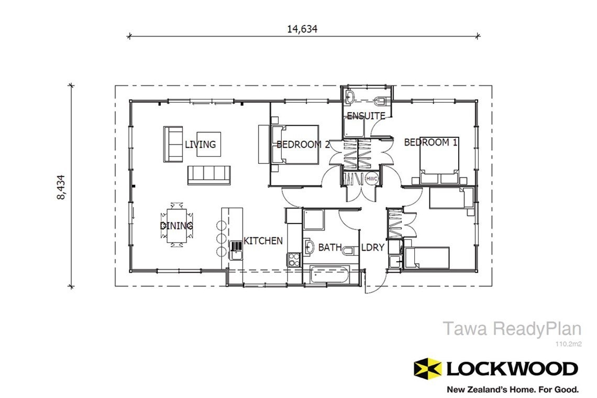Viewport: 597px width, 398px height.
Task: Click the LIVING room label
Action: tap(200, 144)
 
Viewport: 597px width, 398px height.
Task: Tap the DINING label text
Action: tap(176, 226)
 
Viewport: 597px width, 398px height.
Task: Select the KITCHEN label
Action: tap(263, 241)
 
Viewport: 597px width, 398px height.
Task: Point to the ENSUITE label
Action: tap(366, 116)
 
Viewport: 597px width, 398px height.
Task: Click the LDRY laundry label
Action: tap(373, 247)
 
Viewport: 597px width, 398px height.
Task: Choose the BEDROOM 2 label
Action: tap(303, 144)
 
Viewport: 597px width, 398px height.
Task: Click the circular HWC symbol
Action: tap(372, 179)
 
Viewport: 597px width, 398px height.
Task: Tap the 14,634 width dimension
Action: tap(302, 29)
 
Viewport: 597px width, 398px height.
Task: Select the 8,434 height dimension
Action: tap(62, 187)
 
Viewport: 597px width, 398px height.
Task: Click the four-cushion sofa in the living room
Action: tap(209, 175)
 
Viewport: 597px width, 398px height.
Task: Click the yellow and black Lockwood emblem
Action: tap(426, 368)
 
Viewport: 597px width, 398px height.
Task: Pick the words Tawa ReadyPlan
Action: tap(512, 329)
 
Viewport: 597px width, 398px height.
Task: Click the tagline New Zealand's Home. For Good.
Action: tap(512, 389)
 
